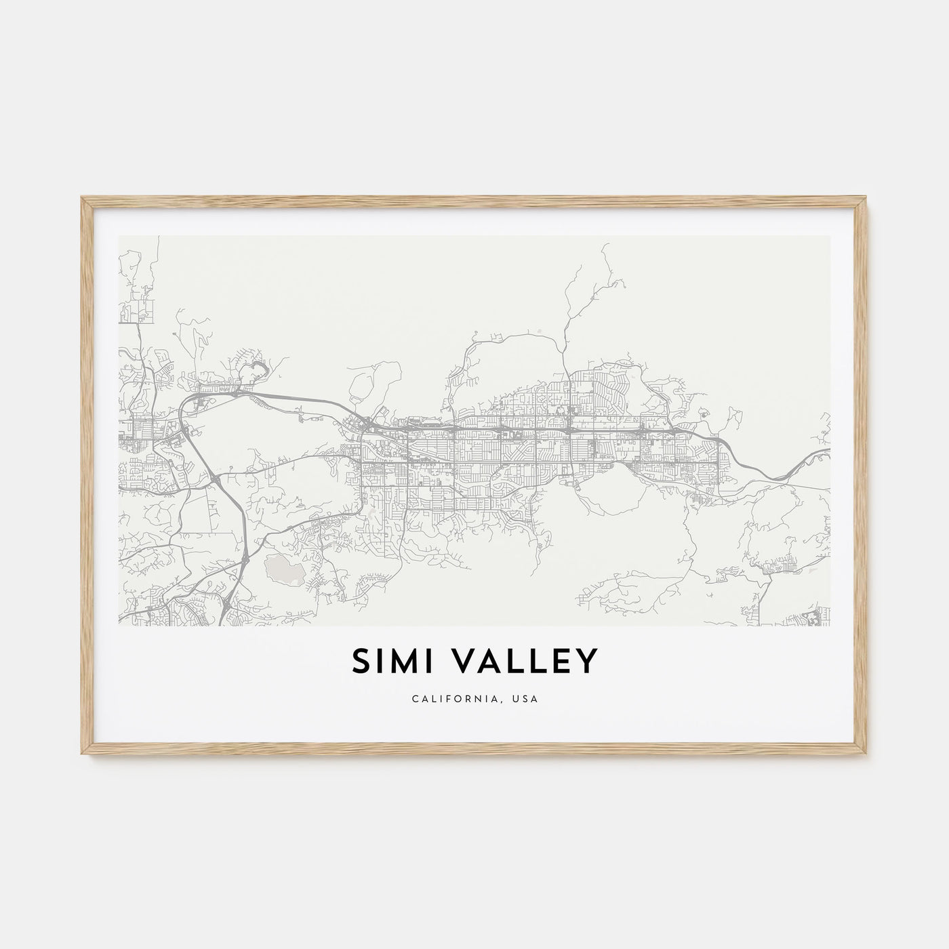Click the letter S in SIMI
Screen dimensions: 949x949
tap(361, 661)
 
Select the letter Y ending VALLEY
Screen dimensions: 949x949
tap(588, 661)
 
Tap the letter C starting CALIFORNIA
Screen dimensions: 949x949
tap(414, 699)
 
